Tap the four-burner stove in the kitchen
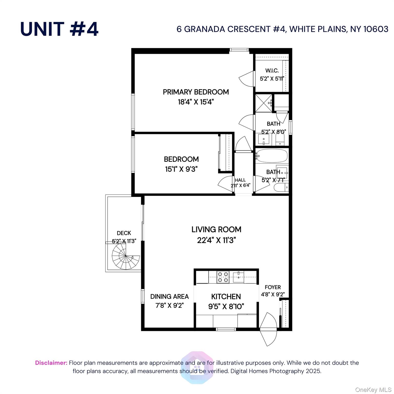(223, 277)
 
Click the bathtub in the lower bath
(272, 155)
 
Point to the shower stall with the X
(264, 103)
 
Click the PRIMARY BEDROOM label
(196, 92)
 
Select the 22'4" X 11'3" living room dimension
(216, 240)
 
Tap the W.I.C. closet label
(272, 71)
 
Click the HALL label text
(240, 180)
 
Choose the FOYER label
(273, 287)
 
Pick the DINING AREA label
(169, 297)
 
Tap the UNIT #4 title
(59, 29)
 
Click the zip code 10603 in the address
(376, 29)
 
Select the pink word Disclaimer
(51, 363)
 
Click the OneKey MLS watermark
(373, 390)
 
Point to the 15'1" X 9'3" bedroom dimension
(181, 169)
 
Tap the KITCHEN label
(226, 297)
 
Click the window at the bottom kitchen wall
(226, 329)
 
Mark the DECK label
(124, 233)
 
